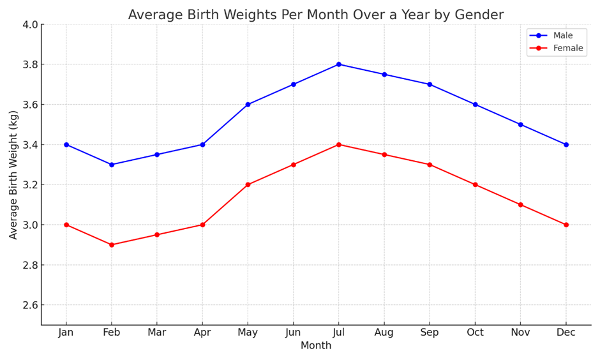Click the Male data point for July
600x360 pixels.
[x=339, y=64]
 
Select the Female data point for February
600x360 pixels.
[x=112, y=244]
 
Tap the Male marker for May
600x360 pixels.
[x=248, y=105]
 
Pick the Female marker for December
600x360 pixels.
[x=566, y=225]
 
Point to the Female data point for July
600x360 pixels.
[x=339, y=144]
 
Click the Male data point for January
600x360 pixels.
[x=66, y=144]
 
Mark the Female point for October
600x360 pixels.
[x=475, y=184]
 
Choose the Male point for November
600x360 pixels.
[x=520, y=124]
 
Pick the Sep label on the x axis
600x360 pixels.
[x=430, y=333]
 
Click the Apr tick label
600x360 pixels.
[x=202, y=333]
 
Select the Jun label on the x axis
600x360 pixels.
[x=293, y=333]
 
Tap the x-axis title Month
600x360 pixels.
[x=316, y=346]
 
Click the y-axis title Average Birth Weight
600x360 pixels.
[x=13, y=174]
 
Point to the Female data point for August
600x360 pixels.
[x=384, y=154]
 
